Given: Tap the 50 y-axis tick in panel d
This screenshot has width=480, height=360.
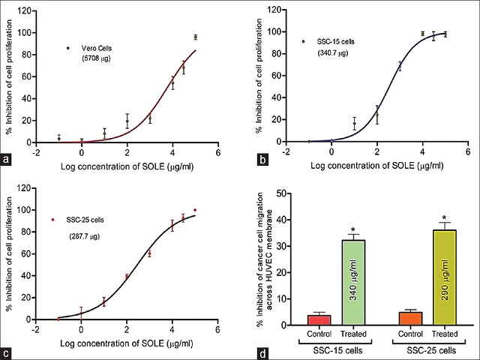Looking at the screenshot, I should click(x=279, y=193).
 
